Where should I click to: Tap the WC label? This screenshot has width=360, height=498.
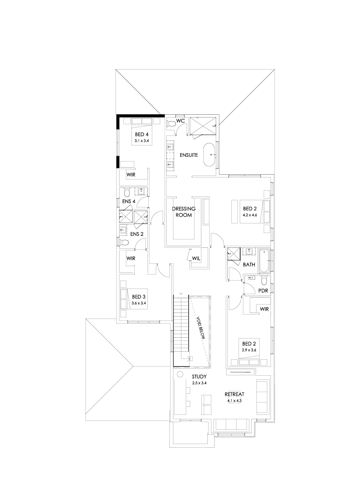(x=180, y=120)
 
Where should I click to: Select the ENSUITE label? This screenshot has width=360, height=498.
(x=189, y=155)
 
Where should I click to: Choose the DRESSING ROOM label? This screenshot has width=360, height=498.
(x=183, y=212)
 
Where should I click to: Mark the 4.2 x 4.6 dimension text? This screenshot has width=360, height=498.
(x=250, y=215)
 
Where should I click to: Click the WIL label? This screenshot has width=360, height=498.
(x=196, y=259)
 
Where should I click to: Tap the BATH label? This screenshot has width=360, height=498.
(x=249, y=264)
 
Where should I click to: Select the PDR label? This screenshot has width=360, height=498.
(x=263, y=291)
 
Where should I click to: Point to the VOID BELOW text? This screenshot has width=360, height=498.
(x=201, y=328)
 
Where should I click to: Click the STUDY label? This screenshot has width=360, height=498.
(x=199, y=376)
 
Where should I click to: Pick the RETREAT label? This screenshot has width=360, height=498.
(x=234, y=394)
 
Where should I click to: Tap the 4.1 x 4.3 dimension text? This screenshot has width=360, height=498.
(x=234, y=401)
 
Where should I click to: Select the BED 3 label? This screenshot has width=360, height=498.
(x=139, y=297)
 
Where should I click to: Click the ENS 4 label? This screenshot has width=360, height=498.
(x=128, y=201)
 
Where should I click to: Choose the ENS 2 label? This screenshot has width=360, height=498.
(x=136, y=234)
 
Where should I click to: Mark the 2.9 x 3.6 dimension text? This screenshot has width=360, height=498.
(x=249, y=350)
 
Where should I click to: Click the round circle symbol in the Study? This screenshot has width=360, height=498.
(x=180, y=374)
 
